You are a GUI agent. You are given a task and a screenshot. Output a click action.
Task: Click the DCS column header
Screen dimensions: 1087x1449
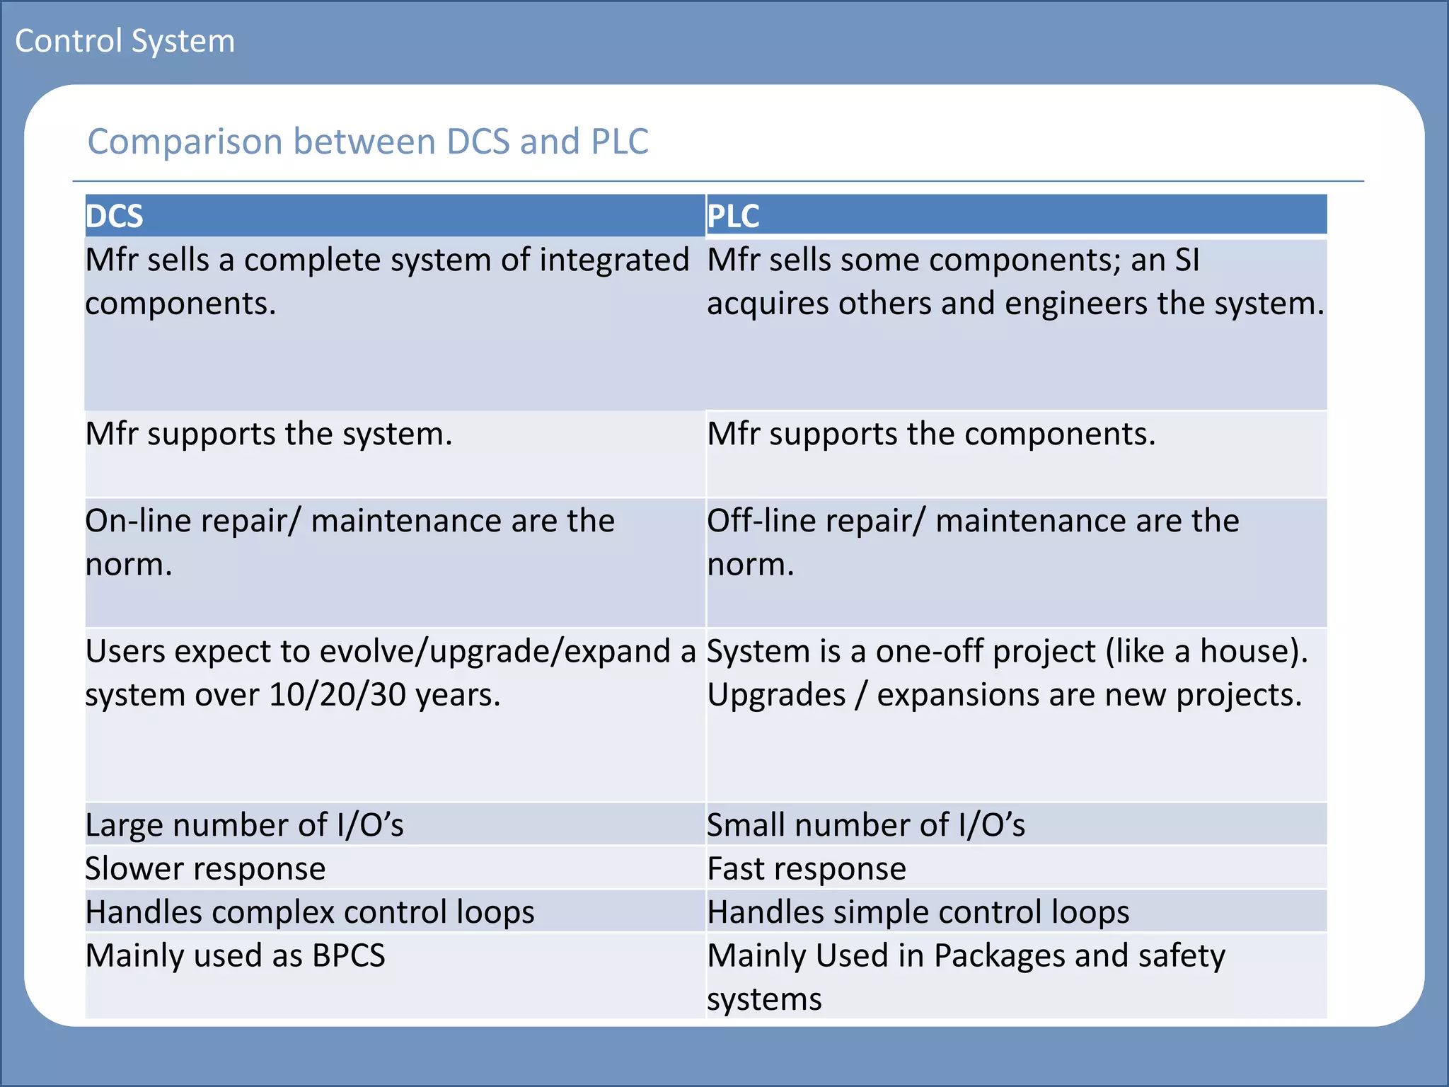(114, 216)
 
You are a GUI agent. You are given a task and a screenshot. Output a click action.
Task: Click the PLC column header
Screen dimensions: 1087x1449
(733, 216)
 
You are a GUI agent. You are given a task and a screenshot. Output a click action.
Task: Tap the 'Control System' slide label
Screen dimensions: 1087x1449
(125, 41)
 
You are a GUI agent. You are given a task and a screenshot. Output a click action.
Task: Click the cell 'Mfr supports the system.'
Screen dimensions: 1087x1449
(269, 434)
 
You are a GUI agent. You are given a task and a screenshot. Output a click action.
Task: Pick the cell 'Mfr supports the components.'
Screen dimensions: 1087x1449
(931, 434)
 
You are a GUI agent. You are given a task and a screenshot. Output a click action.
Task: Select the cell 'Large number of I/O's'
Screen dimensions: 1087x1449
(244, 825)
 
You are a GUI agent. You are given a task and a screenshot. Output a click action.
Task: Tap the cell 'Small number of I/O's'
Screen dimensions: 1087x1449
(866, 825)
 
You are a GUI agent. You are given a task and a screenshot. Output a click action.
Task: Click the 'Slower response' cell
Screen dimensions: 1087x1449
(205, 869)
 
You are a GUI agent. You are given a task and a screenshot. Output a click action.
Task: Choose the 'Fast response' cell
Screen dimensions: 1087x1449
(807, 869)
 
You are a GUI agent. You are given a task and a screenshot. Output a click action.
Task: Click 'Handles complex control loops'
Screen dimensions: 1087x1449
(310, 912)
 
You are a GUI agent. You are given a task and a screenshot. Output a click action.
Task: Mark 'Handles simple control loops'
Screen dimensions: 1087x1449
(918, 912)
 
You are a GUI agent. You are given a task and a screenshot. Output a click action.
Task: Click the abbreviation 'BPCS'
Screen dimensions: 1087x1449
(349, 956)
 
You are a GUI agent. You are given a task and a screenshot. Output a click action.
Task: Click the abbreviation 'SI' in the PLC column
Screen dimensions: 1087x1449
(1187, 260)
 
